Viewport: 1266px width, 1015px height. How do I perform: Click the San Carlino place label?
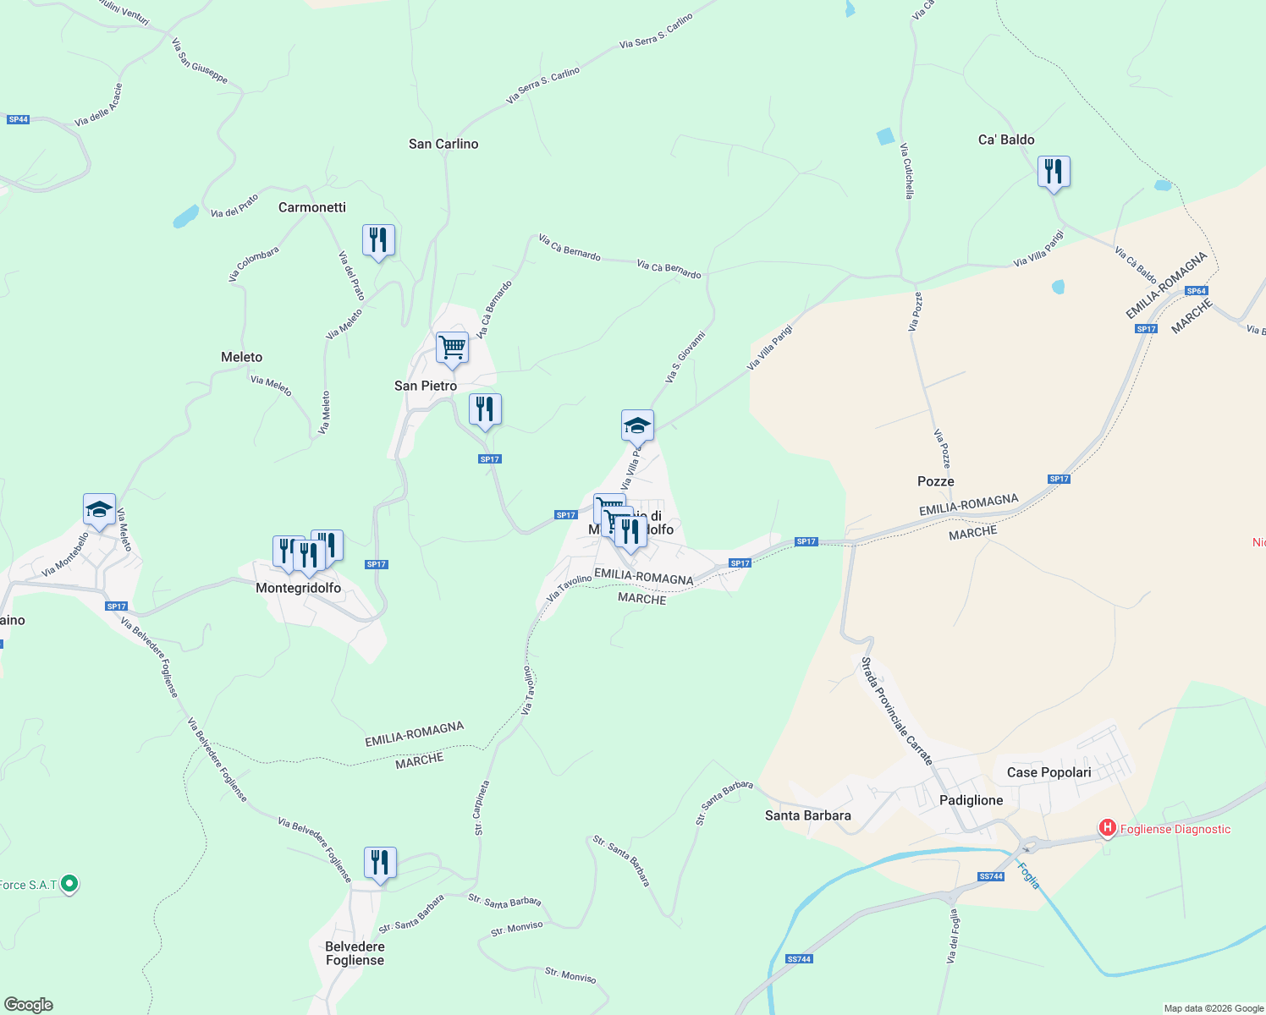point(443,144)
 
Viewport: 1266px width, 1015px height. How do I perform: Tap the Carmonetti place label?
point(312,207)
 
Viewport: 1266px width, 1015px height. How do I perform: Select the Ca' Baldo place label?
point(1006,140)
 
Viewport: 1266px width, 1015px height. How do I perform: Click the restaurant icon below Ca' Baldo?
point(1054,173)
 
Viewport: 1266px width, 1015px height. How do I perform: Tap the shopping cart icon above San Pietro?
point(452,348)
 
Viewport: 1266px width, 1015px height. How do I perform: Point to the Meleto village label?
point(242,357)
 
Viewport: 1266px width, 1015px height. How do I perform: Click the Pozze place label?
point(936,481)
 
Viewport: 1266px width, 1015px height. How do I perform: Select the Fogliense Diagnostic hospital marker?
point(1107,829)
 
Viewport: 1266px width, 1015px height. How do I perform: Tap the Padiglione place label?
point(972,800)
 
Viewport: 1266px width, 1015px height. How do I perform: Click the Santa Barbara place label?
point(808,815)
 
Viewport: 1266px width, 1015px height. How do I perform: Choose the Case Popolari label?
point(1049,772)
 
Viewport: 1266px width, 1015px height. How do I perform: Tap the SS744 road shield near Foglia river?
point(991,876)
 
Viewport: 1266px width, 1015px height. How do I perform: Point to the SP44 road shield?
point(19,119)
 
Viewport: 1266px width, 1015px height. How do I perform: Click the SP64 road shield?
point(1197,291)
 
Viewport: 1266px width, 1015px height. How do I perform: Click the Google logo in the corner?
point(29,1005)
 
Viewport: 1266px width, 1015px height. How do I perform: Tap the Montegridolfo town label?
point(299,588)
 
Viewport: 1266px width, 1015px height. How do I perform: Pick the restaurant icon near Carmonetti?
point(378,241)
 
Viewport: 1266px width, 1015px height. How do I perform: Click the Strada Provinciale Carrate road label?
point(896,711)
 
